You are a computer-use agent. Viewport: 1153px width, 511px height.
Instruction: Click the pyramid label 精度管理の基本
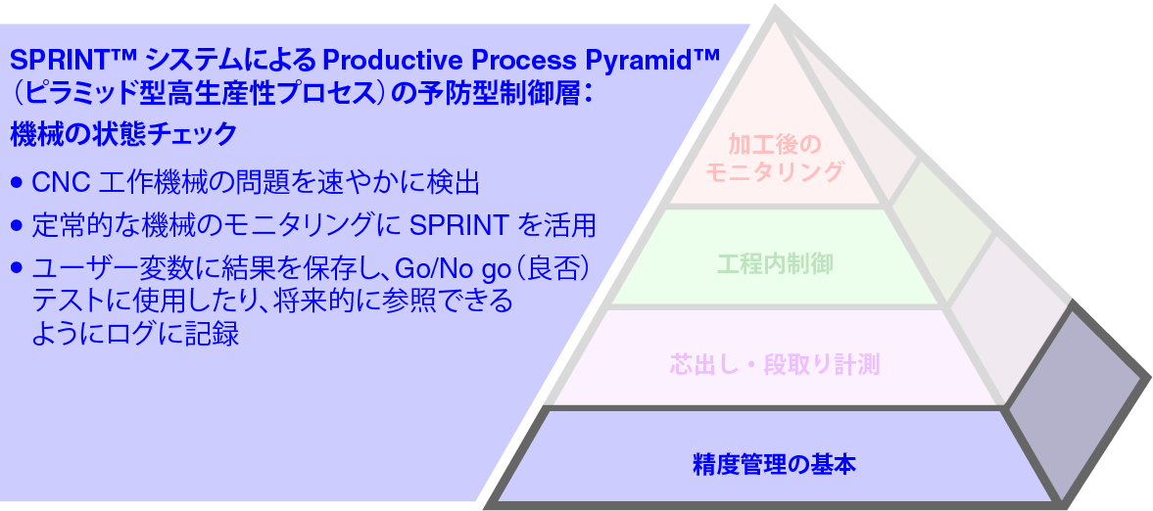click(773, 462)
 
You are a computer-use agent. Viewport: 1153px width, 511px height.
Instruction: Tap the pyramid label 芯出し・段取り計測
click(774, 365)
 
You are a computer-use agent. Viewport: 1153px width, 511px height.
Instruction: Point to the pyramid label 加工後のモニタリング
click(774, 159)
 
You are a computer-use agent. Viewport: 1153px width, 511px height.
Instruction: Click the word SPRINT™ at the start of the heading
click(57, 61)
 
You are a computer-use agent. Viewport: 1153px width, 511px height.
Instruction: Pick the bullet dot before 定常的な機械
click(16, 226)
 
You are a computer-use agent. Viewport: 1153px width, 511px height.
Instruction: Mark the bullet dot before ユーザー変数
click(16, 267)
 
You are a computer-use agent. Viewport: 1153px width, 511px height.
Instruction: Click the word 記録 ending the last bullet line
click(215, 333)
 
